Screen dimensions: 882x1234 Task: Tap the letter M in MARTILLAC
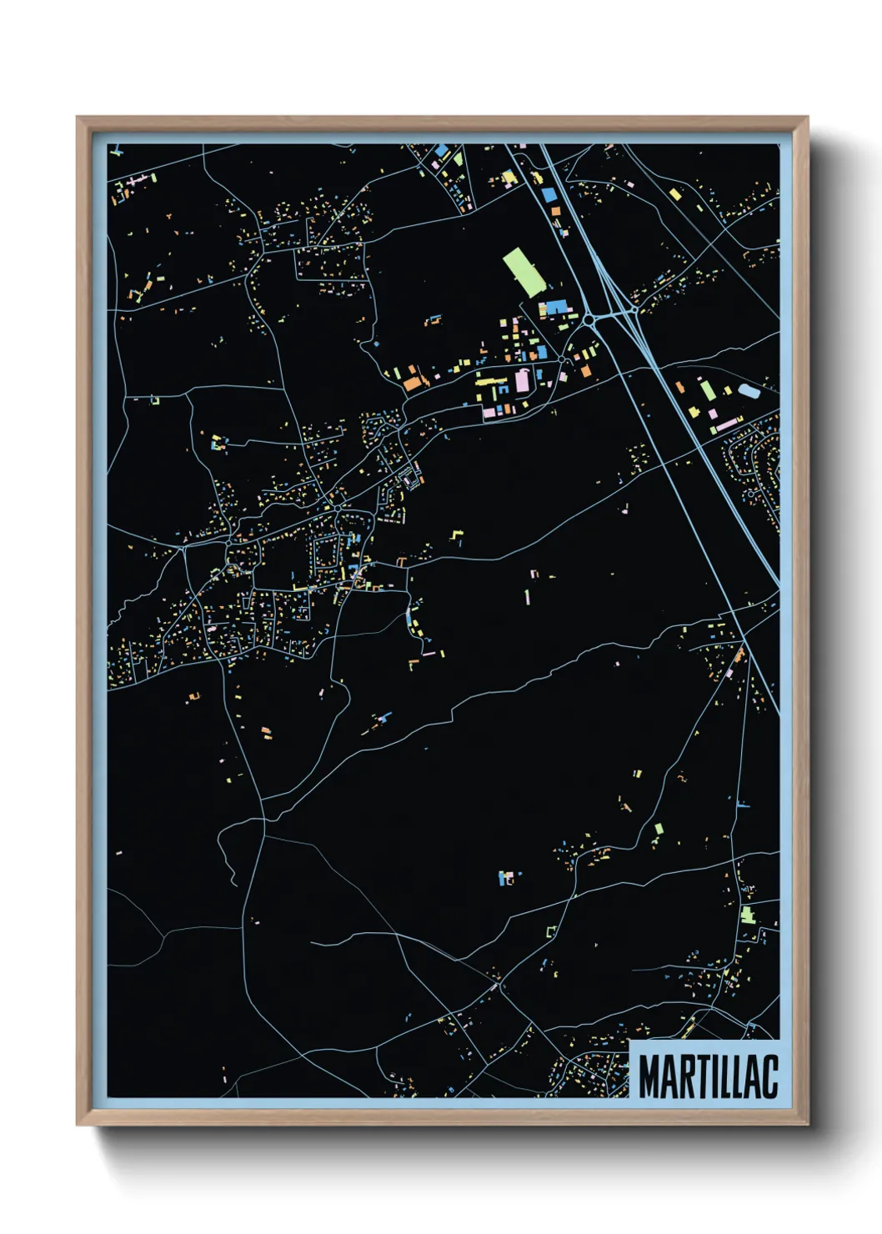tap(650, 1076)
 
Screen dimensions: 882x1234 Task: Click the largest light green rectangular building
tap(523, 271)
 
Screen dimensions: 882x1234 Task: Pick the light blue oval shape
tap(749, 389)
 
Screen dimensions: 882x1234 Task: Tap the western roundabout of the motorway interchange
tap(589, 319)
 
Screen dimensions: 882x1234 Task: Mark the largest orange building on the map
tap(413, 383)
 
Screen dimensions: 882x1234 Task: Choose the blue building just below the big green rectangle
tap(554, 308)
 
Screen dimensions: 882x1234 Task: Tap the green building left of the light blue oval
tap(707, 389)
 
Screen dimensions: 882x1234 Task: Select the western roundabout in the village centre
tap(228, 543)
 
